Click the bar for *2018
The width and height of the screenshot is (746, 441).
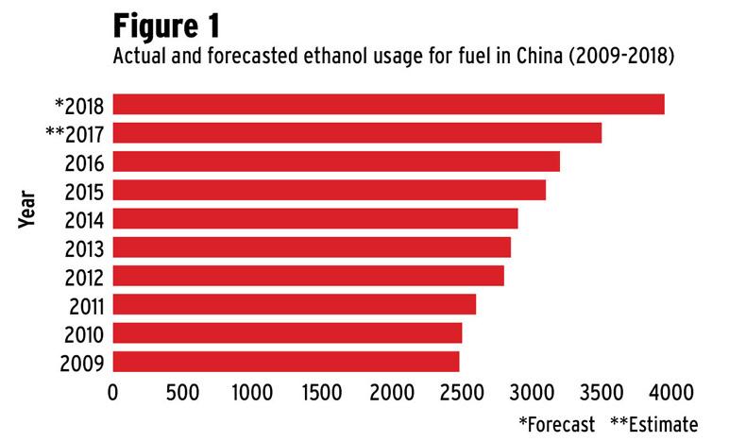click(x=388, y=104)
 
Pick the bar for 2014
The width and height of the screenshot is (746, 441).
click(x=315, y=219)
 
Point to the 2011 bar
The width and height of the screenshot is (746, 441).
click(x=295, y=305)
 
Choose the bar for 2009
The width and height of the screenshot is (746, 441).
click(x=286, y=362)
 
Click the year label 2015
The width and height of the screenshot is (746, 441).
click(x=84, y=191)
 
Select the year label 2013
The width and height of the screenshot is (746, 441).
click(x=84, y=248)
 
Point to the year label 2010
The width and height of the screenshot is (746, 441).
click(x=84, y=334)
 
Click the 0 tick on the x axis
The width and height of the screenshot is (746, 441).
click(x=113, y=390)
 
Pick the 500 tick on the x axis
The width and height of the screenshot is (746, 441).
click(x=182, y=390)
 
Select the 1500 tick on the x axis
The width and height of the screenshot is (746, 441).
click(x=322, y=390)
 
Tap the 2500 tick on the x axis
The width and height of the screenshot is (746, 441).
click(x=461, y=390)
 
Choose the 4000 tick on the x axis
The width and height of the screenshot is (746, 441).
click(x=670, y=390)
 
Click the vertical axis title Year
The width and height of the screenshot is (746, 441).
click(x=27, y=209)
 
